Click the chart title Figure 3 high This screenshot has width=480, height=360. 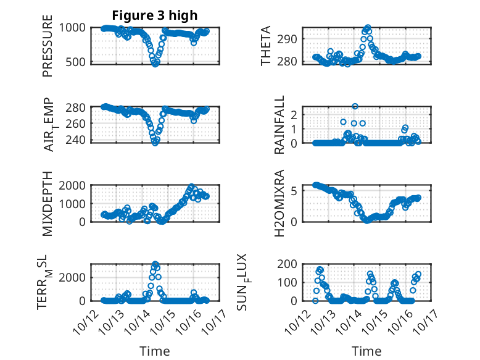pyautogui.click(x=154, y=15)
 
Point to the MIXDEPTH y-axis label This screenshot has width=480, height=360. pyautogui.click(x=48, y=204)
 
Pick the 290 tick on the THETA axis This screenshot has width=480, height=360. pyautogui.click(x=292, y=38)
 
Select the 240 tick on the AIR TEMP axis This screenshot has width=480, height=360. pyautogui.click(x=78, y=140)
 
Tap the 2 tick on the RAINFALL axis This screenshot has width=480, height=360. pyautogui.click(x=294, y=114)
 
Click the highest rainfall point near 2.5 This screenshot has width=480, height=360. pyautogui.click(x=355, y=106)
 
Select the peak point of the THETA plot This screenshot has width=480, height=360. pyautogui.click(x=368, y=28)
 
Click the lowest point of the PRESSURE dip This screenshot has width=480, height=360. pyautogui.click(x=155, y=64)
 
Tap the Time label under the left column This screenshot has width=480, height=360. pyautogui.click(x=154, y=351)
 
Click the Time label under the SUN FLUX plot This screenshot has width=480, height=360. pyautogui.click(x=366, y=351)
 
